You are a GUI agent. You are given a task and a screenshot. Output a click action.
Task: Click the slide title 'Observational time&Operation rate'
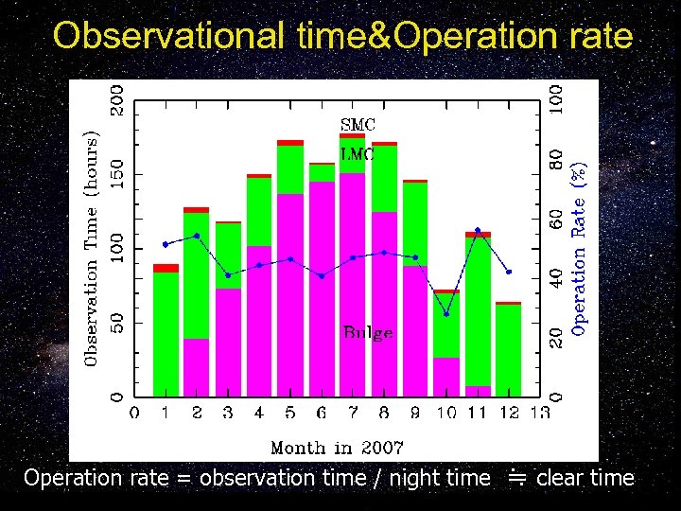[x=342, y=35]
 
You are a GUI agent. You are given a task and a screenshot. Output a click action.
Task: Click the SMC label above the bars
[x=358, y=124]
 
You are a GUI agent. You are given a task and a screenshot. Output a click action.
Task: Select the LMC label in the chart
[x=358, y=153]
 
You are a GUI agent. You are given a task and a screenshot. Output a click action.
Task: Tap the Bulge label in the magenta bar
[x=368, y=333]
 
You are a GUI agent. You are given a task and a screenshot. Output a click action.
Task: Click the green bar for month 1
[x=166, y=331]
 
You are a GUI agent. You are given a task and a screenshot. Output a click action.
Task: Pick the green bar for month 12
[x=509, y=350]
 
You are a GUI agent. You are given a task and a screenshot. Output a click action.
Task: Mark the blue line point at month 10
[x=446, y=313]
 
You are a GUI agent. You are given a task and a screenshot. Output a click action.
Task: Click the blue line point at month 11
[x=478, y=230]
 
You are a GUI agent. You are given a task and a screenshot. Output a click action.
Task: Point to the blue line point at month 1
[x=166, y=244]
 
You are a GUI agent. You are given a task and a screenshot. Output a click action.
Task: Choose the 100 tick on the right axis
[x=557, y=97]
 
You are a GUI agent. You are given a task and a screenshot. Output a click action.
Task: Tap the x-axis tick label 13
[x=540, y=413]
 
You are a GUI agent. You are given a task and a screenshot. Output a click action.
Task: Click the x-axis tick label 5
[x=290, y=413]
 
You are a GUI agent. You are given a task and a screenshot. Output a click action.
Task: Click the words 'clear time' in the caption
[x=585, y=478]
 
